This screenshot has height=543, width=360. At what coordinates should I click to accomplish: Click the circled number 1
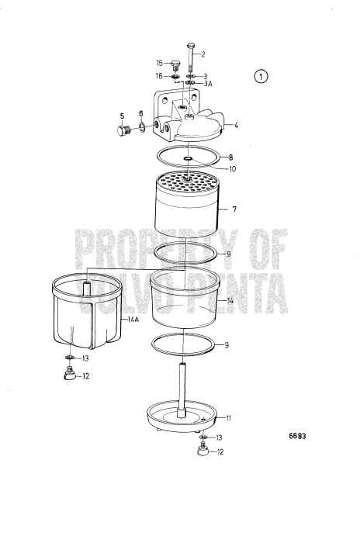(261, 76)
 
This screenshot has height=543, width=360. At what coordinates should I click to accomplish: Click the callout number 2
(203, 54)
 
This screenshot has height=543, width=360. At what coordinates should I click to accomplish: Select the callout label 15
(160, 63)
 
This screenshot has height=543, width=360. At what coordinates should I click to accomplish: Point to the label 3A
(206, 83)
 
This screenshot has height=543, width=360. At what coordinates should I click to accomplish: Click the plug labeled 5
(122, 130)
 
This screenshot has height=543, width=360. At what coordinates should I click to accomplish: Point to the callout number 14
(230, 299)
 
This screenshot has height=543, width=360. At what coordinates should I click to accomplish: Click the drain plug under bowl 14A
(69, 376)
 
